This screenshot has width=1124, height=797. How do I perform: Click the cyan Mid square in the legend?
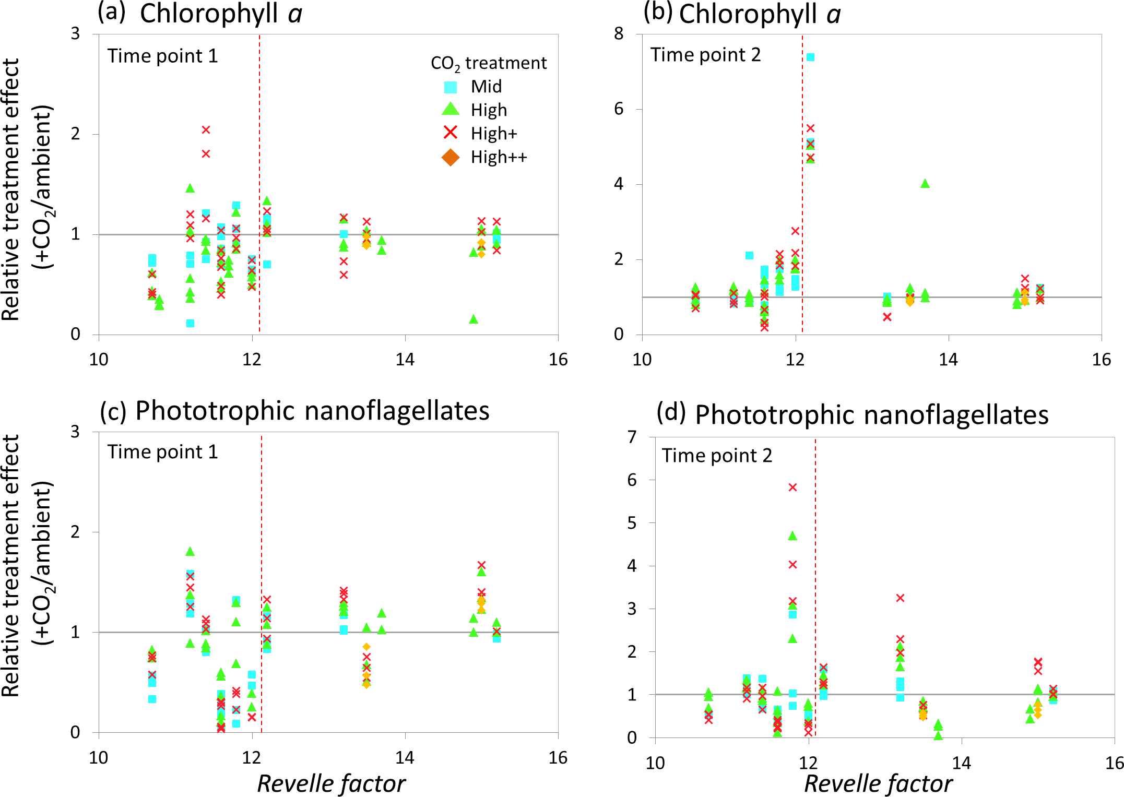[x=450, y=87]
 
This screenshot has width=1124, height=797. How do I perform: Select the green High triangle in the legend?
[x=450, y=110]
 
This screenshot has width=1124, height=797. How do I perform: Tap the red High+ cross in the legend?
[x=450, y=133]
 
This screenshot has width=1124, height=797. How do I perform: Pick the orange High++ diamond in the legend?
[x=450, y=157]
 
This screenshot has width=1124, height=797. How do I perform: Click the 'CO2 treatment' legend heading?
[x=488, y=64]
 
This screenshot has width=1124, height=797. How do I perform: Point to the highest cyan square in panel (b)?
[x=810, y=57]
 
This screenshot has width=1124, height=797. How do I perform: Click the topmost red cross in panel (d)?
[x=792, y=487]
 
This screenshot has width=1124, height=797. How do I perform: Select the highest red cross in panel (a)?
[x=206, y=129]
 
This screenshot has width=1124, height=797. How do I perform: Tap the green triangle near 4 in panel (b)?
[x=925, y=183]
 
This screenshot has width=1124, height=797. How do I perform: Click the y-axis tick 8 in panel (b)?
[x=619, y=34]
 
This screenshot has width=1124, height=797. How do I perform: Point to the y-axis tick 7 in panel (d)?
[x=632, y=436]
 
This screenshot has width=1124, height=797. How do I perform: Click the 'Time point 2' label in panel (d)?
[x=717, y=456]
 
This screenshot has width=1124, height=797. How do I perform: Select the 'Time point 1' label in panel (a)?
[x=162, y=56]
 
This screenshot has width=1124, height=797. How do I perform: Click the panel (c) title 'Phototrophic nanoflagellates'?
[x=312, y=411]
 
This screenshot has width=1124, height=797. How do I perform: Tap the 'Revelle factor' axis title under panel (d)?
[x=878, y=783]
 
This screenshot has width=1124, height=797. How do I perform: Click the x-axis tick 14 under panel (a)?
[x=405, y=360]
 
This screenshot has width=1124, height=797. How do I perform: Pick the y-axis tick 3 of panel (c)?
[x=75, y=432]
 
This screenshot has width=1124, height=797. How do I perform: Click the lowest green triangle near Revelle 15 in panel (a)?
[x=474, y=319]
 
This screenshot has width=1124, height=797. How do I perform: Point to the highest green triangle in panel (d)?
[x=792, y=536]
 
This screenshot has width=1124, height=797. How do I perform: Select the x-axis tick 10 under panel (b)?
[x=642, y=360]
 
